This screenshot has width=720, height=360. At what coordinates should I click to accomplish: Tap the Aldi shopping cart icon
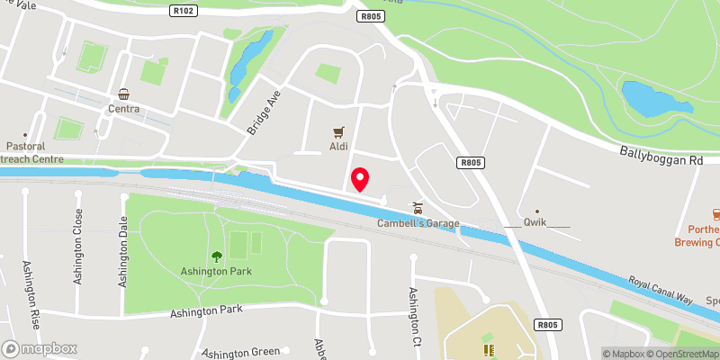point(339,131)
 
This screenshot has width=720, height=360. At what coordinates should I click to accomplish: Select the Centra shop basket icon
point(123,94)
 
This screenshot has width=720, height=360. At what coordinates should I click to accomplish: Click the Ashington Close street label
point(79,233)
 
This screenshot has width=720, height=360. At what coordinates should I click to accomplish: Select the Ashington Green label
point(241,353)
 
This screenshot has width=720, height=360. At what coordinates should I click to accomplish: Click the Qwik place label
point(536,223)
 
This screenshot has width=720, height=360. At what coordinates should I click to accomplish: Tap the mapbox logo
point(40,348)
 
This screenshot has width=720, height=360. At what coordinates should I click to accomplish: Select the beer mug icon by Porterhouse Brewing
point(716,214)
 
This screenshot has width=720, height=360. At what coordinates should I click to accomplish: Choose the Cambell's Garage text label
point(418,223)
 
